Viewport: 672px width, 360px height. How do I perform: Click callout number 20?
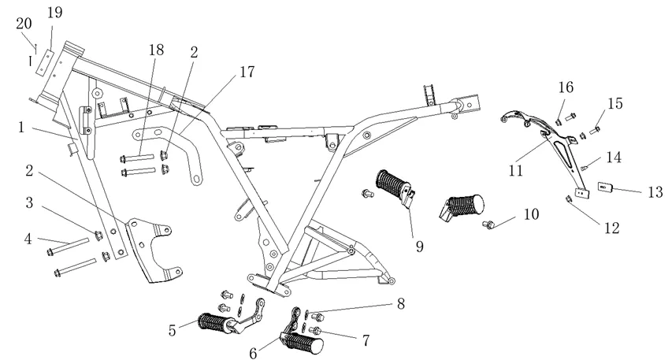[x=24, y=24]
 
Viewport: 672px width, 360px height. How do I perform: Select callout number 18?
[x=156, y=50]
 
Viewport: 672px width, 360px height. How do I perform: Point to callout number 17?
[x=247, y=72]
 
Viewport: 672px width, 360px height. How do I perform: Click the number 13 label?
[x=654, y=191]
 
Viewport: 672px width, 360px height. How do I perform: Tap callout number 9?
[x=419, y=246]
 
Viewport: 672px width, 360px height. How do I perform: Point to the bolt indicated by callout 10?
[x=489, y=225]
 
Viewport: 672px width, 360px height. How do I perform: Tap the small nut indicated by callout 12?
[x=569, y=199]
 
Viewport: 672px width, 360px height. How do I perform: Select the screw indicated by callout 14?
[x=585, y=166]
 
